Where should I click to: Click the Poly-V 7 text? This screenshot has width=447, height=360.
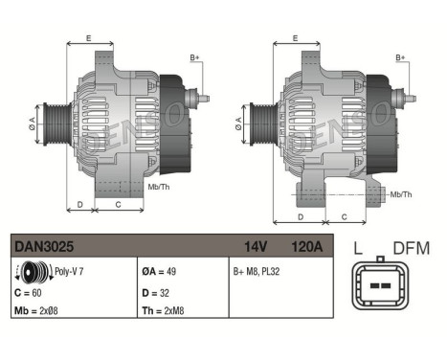67,272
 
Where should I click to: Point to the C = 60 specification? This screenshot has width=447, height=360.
31,290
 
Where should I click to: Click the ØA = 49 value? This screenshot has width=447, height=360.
159,272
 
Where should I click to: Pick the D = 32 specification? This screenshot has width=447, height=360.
154,290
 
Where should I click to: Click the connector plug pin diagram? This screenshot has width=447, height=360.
381,285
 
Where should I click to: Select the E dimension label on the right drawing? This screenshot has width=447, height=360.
295,38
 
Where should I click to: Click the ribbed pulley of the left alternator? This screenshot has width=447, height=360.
57,123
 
